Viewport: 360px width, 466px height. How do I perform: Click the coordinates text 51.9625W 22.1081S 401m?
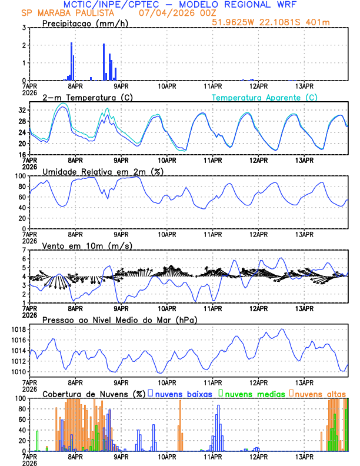(x=279, y=22)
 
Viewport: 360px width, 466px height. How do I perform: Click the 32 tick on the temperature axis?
(x=22, y=110)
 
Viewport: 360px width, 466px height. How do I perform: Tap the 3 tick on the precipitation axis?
(x=24, y=28)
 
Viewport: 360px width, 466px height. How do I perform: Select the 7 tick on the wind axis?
(x=24, y=251)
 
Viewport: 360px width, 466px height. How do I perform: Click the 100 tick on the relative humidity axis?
(x=20, y=176)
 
